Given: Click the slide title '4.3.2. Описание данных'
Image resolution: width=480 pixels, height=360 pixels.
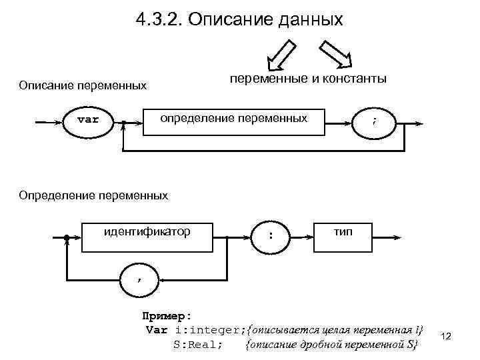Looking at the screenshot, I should pos(239,20).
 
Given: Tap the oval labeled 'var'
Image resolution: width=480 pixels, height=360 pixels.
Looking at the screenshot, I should pos(88,121).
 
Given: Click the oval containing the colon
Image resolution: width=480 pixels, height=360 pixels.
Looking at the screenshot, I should pos(270,235).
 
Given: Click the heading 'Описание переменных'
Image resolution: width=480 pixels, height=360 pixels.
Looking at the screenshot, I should pos(83,85).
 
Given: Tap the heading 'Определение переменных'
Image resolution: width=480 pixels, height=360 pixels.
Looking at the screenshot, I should pos(93,195).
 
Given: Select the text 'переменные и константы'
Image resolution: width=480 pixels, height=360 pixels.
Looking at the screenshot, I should pos(308,79).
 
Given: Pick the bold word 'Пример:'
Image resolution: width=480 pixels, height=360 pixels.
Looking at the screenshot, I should pos(167,315).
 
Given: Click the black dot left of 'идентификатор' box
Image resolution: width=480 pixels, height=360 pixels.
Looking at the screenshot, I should pos(67,237).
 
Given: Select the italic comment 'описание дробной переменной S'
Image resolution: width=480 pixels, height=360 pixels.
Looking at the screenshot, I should pos(331,345).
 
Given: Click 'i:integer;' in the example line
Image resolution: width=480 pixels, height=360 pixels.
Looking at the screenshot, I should pos(210,330).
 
